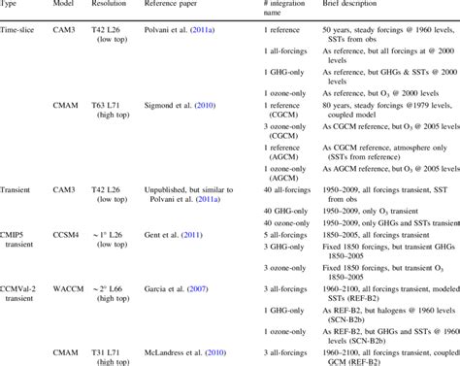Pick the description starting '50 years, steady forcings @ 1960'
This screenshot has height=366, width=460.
point(397,33)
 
